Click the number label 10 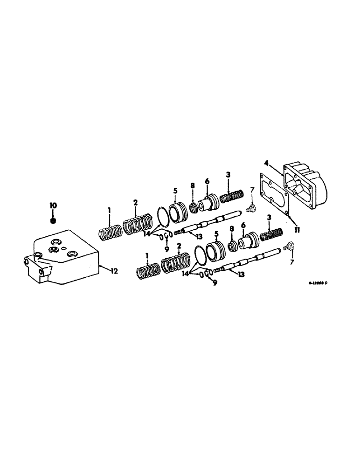[x=53, y=206]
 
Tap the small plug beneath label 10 [x=53, y=220]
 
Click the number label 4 [x=266, y=163]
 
